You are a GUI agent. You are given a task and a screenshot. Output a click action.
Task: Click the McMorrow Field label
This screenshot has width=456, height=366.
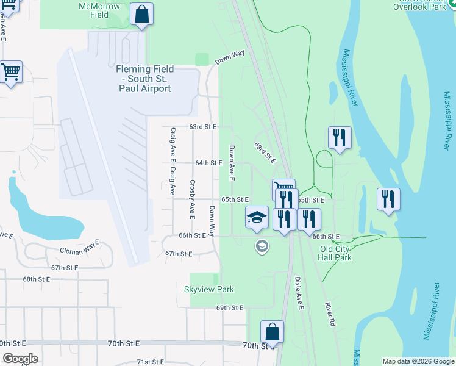click(94, 10)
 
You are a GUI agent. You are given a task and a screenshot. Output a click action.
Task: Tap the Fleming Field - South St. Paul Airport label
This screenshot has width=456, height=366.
click(144, 79)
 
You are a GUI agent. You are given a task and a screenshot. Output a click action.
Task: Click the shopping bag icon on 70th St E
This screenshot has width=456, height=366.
click(273, 332)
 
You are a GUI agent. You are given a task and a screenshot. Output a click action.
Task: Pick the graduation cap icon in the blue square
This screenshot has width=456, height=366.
click(257, 217)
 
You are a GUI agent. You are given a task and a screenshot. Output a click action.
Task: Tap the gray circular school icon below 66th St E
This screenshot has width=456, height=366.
click(262, 246)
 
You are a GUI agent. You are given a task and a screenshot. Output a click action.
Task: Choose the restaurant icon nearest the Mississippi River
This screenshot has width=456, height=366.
click(388, 199)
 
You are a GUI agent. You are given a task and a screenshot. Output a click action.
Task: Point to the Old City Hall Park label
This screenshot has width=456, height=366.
click(336, 253)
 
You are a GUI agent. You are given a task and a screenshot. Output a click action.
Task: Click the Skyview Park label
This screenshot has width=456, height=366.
click(209, 289)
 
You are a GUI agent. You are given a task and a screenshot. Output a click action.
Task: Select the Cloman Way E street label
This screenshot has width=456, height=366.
click(79, 250)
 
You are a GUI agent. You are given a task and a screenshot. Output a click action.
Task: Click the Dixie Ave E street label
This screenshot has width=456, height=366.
click(299, 293)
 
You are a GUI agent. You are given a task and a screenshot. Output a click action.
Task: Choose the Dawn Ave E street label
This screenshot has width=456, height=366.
click(232, 163)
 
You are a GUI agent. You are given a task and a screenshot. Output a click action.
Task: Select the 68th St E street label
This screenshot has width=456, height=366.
click(38, 279)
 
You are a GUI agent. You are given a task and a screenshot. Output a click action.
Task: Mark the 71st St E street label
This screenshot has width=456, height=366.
click(151, 362)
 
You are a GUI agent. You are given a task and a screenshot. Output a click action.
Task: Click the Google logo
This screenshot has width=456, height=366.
click(20, 359)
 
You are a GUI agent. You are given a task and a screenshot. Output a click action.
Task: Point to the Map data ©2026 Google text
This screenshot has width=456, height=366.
click(418, 361)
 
